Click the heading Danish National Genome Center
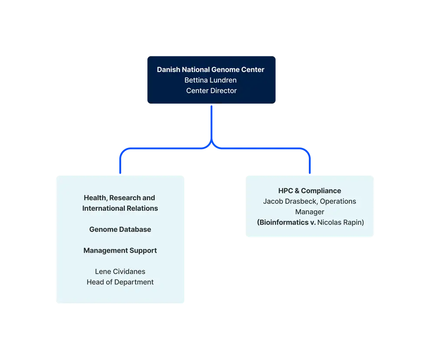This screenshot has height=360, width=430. click(210, 69)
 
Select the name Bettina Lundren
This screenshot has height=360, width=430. click(210, 80)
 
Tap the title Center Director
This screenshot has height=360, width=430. click(211, 91)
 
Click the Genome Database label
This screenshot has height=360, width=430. click(120, 229)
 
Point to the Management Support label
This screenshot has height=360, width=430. click(120, 250)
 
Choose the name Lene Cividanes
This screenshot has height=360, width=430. click(120, 272)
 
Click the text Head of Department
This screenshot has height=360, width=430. click(120, 282)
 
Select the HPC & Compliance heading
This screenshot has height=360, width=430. click(309, 191)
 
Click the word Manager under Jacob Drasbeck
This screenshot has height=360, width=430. click(309, 212)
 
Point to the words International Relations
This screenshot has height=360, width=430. click(120, 208)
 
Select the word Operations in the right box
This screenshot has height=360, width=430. click(338, 201)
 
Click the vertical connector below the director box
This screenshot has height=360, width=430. click(212, 124)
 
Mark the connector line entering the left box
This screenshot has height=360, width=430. click(120, 165)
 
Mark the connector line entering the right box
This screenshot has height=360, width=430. click(310, 165)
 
